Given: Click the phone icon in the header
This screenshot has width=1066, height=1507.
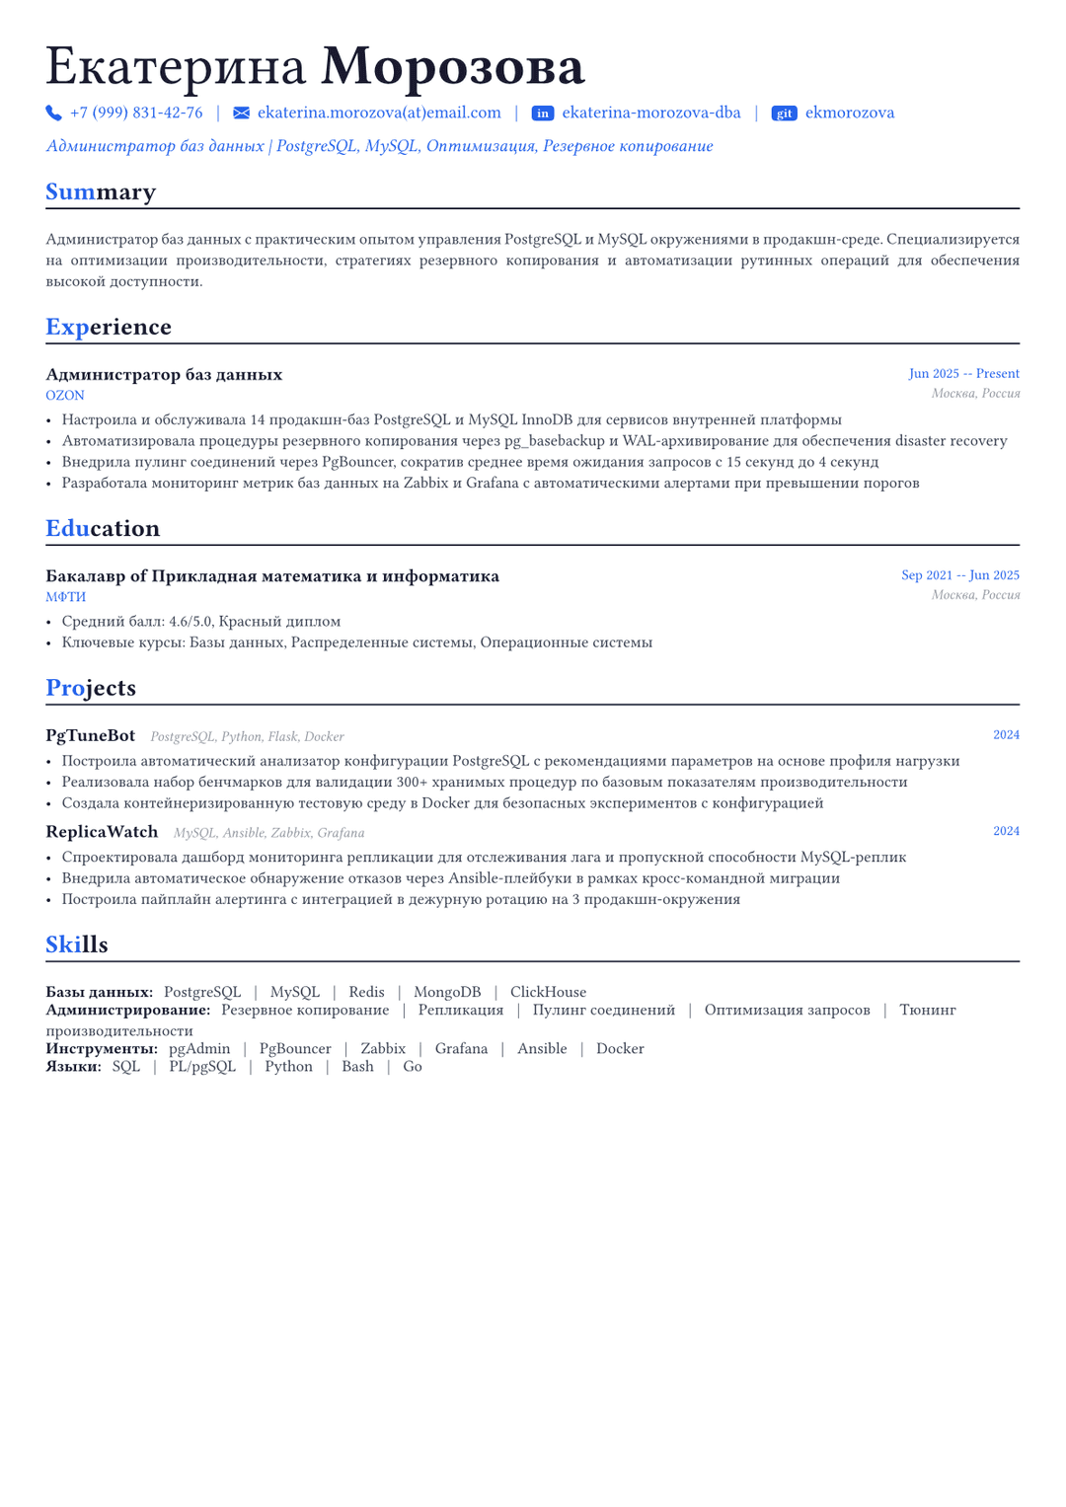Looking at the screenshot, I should point(53,113).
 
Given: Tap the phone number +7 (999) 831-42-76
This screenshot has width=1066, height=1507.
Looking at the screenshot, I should point(136,113).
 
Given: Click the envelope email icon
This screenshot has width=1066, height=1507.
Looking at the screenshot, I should point(241,113).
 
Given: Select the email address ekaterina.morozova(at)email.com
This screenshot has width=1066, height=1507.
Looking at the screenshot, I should point(379,113).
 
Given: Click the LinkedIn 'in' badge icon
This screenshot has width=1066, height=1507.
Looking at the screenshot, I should point(543,113).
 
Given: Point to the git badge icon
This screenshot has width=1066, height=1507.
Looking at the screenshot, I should point(784,113).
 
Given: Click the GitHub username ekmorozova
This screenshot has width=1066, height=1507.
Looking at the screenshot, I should point(850,113).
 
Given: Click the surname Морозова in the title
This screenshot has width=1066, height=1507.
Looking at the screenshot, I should point(453,67).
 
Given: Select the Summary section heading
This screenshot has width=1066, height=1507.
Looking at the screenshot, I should point(101,191).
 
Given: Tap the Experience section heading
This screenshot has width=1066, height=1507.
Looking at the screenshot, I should point(109,327).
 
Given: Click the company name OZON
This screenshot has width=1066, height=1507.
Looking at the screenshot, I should point(65,396).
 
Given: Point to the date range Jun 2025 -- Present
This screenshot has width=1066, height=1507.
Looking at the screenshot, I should point(963,374).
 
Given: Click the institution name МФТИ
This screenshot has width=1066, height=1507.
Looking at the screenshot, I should point(66,597).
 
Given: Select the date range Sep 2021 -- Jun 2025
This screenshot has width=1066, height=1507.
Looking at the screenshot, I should point(959,575).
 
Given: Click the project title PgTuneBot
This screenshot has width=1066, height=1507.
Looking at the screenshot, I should point(91,736).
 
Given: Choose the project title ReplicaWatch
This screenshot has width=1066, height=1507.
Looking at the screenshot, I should point(102,832).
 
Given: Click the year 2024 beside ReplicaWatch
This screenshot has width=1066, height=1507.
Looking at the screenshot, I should point(1006,831).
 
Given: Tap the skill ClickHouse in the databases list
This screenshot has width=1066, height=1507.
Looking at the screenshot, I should point(548,992).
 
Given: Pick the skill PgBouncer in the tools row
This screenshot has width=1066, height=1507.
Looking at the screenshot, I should point(295,1048).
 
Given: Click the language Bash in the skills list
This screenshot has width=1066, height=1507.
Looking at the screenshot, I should point(357,1067).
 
